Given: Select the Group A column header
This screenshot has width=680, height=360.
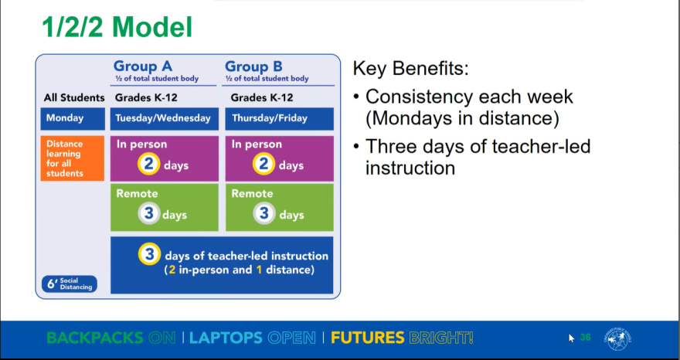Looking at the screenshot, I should pyautogui.click(x=143, y=66).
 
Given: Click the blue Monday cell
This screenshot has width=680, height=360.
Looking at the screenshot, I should pyautogui.click(x=72, y=118).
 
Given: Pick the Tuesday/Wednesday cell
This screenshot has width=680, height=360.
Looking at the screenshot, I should pyautogui.click(x=162, y=118).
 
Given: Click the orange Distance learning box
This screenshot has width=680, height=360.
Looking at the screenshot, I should pyautogui.click(x=72, y=158).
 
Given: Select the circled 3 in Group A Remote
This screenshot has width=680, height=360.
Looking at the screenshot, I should pyautogui.click(x=149, y=214).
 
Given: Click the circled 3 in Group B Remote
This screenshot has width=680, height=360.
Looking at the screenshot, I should pyautogui.click(x=264, y=214).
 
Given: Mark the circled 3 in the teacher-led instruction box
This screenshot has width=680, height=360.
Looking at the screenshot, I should pyautogui.click(x=149, y=255).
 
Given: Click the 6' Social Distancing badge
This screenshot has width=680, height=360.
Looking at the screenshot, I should pyautogui.click(x=70, y=284).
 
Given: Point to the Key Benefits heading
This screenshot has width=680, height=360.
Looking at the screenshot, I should pyautogui.click(x=410, y=69).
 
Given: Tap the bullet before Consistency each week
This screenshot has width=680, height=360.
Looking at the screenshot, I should pyautogui.click(x=356, y=98).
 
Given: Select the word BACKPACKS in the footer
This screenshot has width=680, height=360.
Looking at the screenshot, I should pyautogui.click(x=94, y=338).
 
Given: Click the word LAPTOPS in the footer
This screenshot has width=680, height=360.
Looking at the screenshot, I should pyautogui.click(x=226, y=338).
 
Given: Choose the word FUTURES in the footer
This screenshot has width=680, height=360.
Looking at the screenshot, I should pyautogui.click(x=367, y=338).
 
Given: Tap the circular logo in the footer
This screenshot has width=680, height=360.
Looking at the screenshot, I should pyautogui.click(x=618, y=338).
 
